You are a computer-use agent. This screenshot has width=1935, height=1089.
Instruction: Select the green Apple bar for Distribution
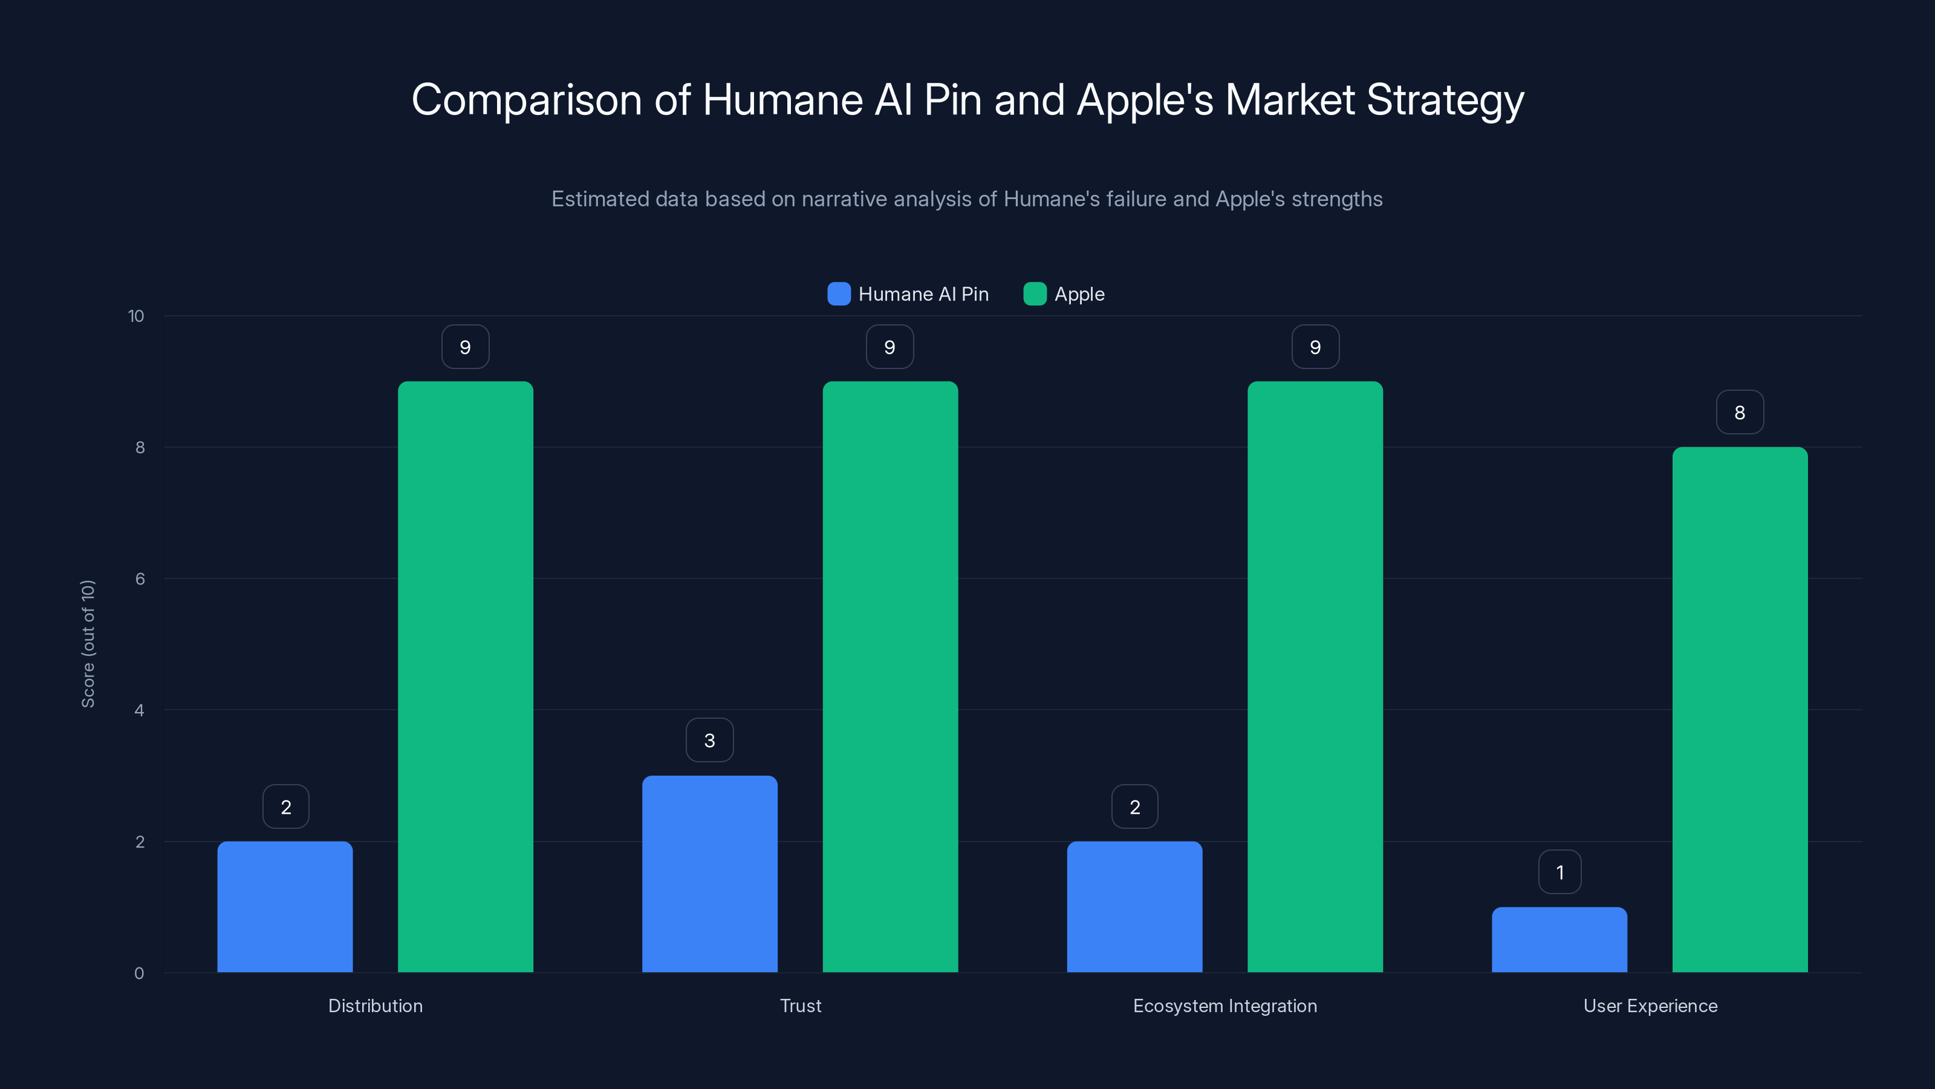tap(465, 676)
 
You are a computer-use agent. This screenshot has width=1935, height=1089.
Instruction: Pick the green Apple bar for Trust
tap(890, 676)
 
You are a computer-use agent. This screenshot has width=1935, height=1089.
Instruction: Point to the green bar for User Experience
tap(1740, 710)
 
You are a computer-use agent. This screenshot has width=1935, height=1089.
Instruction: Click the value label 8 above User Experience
tap(1740, 413)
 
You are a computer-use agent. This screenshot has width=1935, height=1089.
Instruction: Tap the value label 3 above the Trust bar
tap(709, 741)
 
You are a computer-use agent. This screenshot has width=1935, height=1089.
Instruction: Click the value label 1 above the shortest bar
tap(1559, 872)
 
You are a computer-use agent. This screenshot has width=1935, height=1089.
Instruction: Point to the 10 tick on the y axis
tap(136, 316)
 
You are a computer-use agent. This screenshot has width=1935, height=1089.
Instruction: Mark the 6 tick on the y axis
tap(140, 579)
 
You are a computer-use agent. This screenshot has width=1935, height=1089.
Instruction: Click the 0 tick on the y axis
tap(139, 973)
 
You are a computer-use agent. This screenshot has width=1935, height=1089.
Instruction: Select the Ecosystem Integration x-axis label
tap(1224, 1006)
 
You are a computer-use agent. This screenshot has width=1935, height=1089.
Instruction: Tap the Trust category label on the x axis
tap(800, 1006)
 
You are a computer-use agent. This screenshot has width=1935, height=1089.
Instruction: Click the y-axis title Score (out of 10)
tap(88, 643)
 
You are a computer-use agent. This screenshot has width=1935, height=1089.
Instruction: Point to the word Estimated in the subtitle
tap(599, 199)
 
